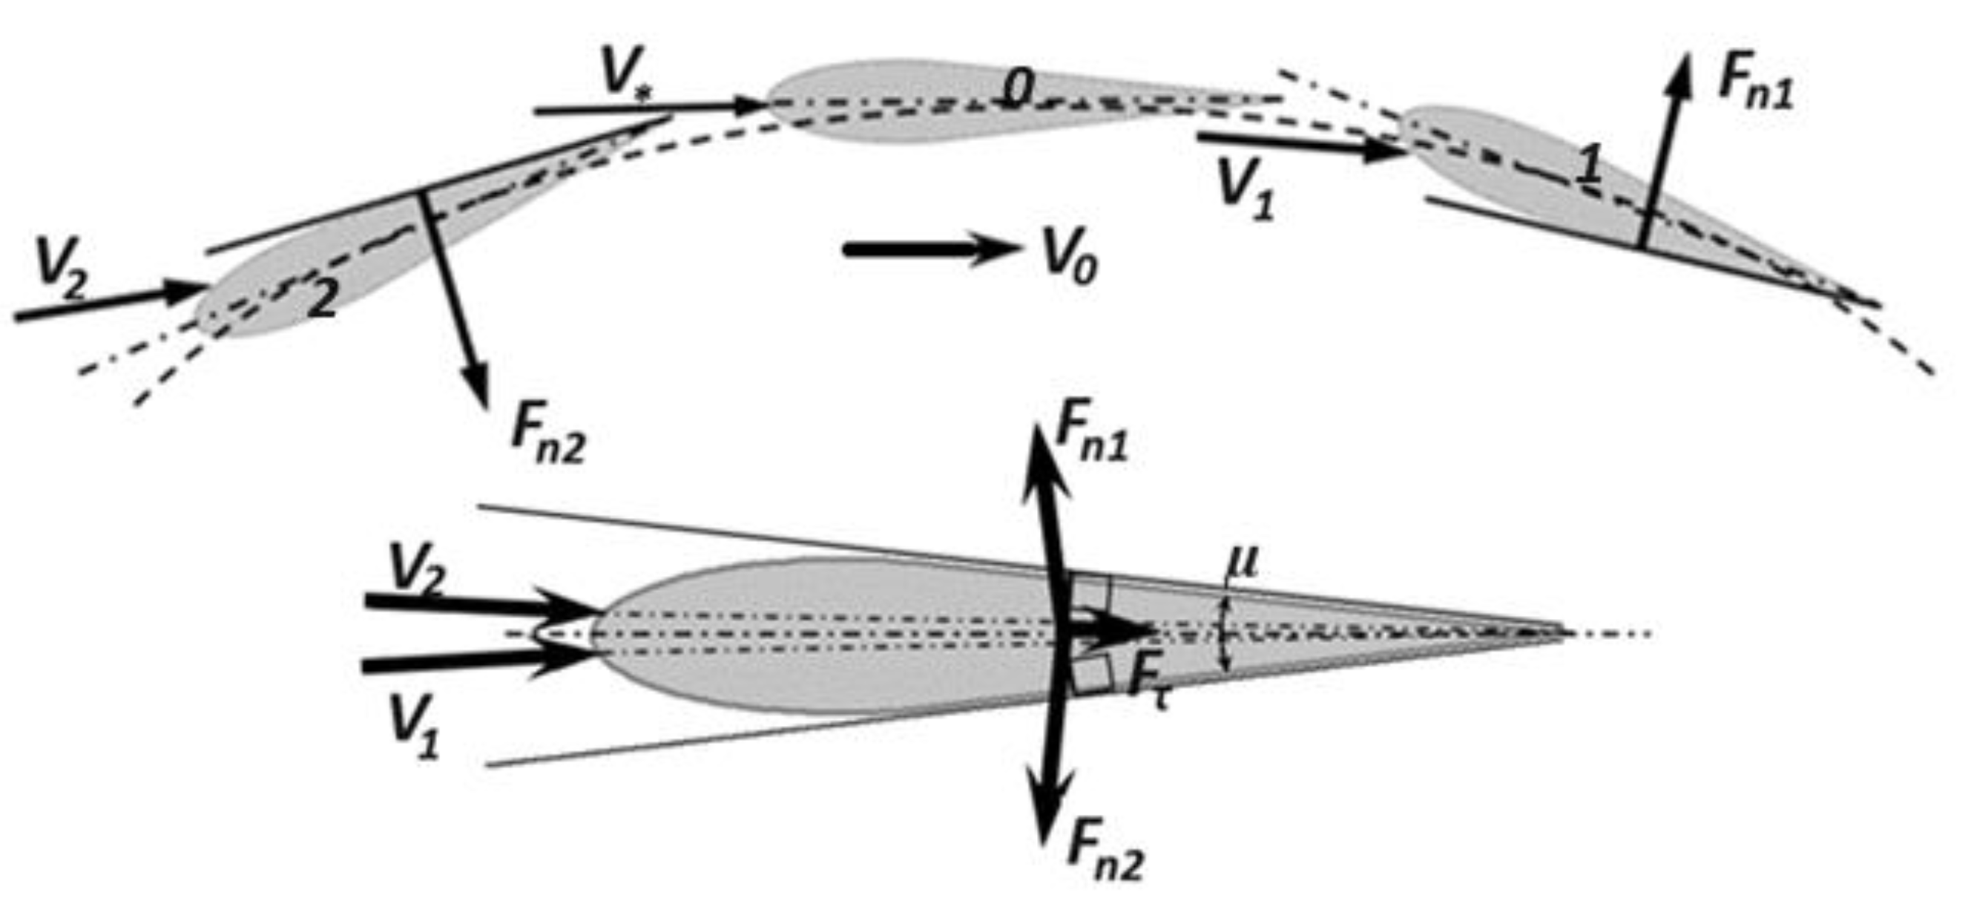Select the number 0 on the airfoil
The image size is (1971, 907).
coord(1019,91)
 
